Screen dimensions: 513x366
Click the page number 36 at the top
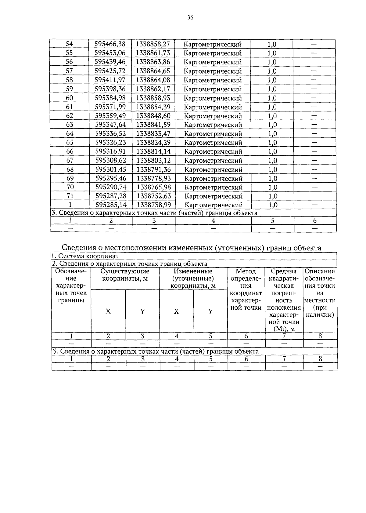(x=190, y=17)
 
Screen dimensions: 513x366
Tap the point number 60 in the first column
(x=70, y=98)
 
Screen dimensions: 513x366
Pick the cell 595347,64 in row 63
(x=110, y=125)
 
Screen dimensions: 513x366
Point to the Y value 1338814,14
(x=153, y=151)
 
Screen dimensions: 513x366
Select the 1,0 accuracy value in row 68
(x=272, y=169)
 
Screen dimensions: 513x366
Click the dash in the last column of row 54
(x=314, y=44)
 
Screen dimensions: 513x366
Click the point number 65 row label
(x=70, y=142)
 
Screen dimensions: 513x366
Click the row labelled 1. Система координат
(x=86, y=256)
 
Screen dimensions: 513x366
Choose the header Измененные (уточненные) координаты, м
(x=193, y=278)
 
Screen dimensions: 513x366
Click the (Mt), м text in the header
(x=284, y=329)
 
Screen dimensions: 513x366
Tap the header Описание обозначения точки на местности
(x=320, y=293)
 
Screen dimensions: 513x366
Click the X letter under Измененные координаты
(x=176, y=311)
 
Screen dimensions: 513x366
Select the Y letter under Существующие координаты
(x=142, y=311)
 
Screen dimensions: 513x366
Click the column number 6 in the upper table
(x=315, y=220)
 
